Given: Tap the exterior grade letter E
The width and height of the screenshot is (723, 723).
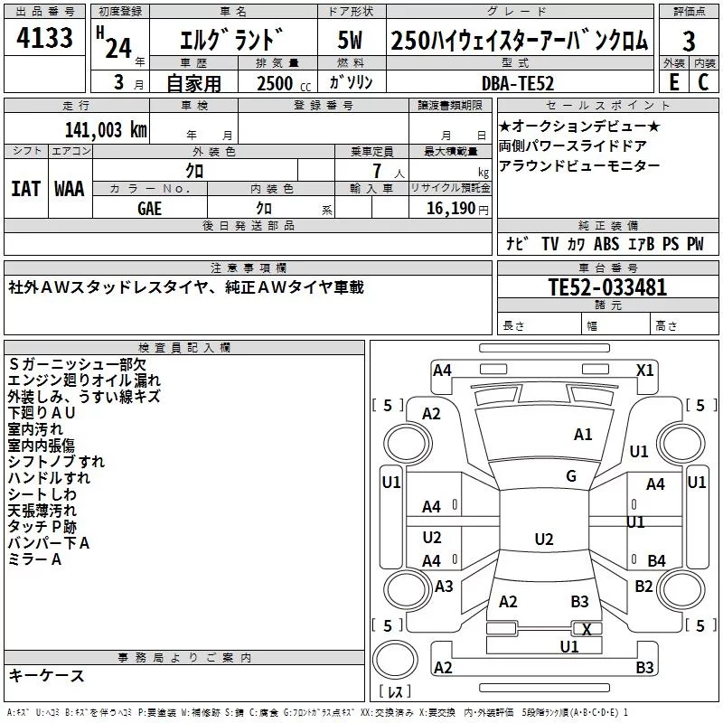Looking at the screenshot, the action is (672, 81).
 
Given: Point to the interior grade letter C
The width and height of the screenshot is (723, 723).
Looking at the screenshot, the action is (703, 81).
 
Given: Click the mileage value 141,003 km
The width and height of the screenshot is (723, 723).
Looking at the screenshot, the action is (106, 129).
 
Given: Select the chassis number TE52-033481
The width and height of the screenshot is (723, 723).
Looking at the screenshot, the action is (608, 288).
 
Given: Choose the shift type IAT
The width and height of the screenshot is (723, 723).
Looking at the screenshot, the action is (26, 189).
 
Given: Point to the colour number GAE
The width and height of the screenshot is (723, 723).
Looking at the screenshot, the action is (150, 208).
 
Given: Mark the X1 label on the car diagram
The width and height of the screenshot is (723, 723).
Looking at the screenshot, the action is (645, 370).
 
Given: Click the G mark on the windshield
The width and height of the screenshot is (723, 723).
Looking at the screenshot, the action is (571, 476).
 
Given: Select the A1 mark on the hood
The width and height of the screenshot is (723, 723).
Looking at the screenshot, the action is (583, 435).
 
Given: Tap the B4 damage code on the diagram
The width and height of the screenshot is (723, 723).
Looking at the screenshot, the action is (657, 560).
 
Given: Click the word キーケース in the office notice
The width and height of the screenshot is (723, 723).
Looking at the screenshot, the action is (47, 675).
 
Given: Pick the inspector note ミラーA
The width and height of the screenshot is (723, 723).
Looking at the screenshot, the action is (34, 559).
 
